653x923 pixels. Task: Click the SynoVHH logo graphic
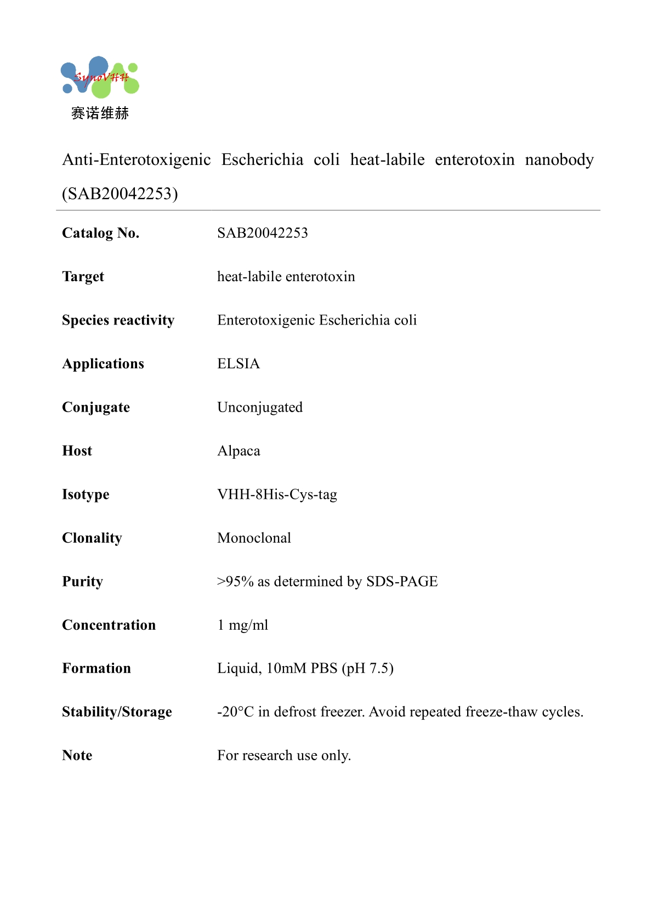(x=100, y=77)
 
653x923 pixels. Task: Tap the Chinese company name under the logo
(x=100, y=113)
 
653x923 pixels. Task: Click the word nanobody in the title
(x=559, y=159)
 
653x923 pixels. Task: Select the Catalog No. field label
(x=100, y=233)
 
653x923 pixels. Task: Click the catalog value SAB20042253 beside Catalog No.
(x=262, y=233)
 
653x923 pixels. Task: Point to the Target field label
(x=83, y=277)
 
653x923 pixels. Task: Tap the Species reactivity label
(x=118, y=320)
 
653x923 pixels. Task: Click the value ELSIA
(x=238, y=364)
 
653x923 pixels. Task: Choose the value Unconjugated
(x=259, y=407)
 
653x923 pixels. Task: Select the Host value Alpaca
(x=239, y=451)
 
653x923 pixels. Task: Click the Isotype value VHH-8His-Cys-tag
(x=277, y=494)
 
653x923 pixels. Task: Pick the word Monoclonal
(x=254, y=538)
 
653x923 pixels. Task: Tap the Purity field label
(x=82, y=582)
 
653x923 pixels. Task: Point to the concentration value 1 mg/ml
(x=242, y=625)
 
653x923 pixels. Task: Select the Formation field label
(x=96, y=668)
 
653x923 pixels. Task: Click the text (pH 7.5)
(x=367, y=668)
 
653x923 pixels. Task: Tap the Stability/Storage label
(x=117, y=712)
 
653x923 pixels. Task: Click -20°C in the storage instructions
(x=235, y=712)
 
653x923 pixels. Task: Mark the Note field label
(x=77, y=755)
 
